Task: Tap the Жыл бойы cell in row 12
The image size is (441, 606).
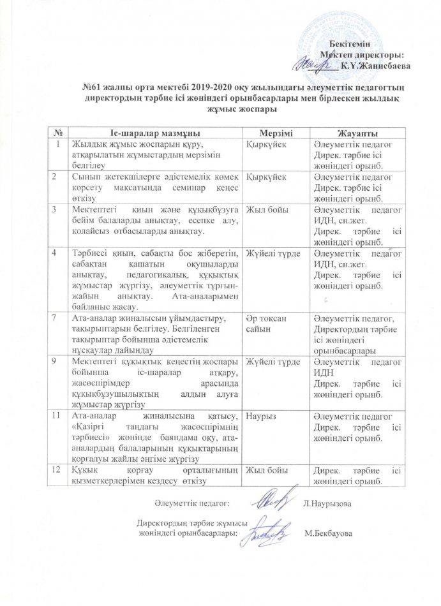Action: click(265, 470)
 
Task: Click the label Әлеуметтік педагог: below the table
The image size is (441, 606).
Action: click(191, 504)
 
